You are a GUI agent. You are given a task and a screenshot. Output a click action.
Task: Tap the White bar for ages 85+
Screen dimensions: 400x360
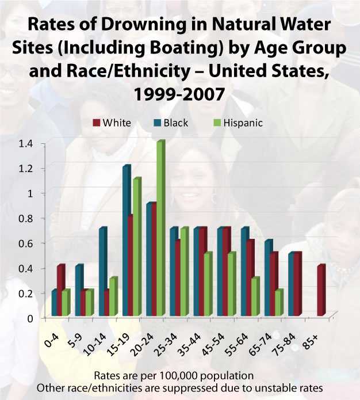pos(321,291)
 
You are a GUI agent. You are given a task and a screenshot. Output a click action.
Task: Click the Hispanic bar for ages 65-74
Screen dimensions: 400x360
pos(278,303)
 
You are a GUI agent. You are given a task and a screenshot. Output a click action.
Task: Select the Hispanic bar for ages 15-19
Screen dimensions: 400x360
pos(136,247)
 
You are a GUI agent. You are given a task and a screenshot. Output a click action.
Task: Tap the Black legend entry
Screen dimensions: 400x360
pos(171,123)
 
